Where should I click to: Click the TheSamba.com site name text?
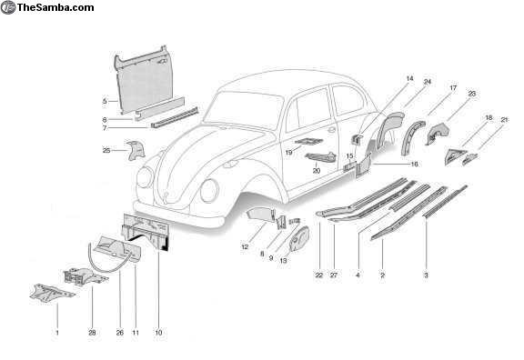click(x=55, y=7)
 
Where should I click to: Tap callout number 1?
click(x=57, y=333)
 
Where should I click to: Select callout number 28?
click(x=92, y=333)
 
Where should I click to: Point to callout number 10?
click(x=158, y=333)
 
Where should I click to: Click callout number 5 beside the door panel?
click(x=105, y=101)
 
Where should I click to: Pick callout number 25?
click(x=106, y=151)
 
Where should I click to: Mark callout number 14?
click(x=409, y=78)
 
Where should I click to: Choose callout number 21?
click(x=504, y=120)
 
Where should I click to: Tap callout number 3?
click(x=426, y=275)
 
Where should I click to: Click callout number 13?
click(x=283, y=261)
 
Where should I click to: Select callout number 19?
click(x=288, y=153)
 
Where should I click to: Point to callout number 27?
click(x=334, y=275)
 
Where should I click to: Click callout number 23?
click(x=472, y=94)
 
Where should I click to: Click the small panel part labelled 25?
click(x=135, y=150)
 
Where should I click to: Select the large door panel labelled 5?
click(x=142, y=80)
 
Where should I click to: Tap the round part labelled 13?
click(x=298, y=238)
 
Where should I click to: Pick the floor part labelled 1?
click(x=51, y=293)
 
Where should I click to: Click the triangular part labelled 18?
click(x=455, y=156)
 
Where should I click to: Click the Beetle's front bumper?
click(x=179, y=214)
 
